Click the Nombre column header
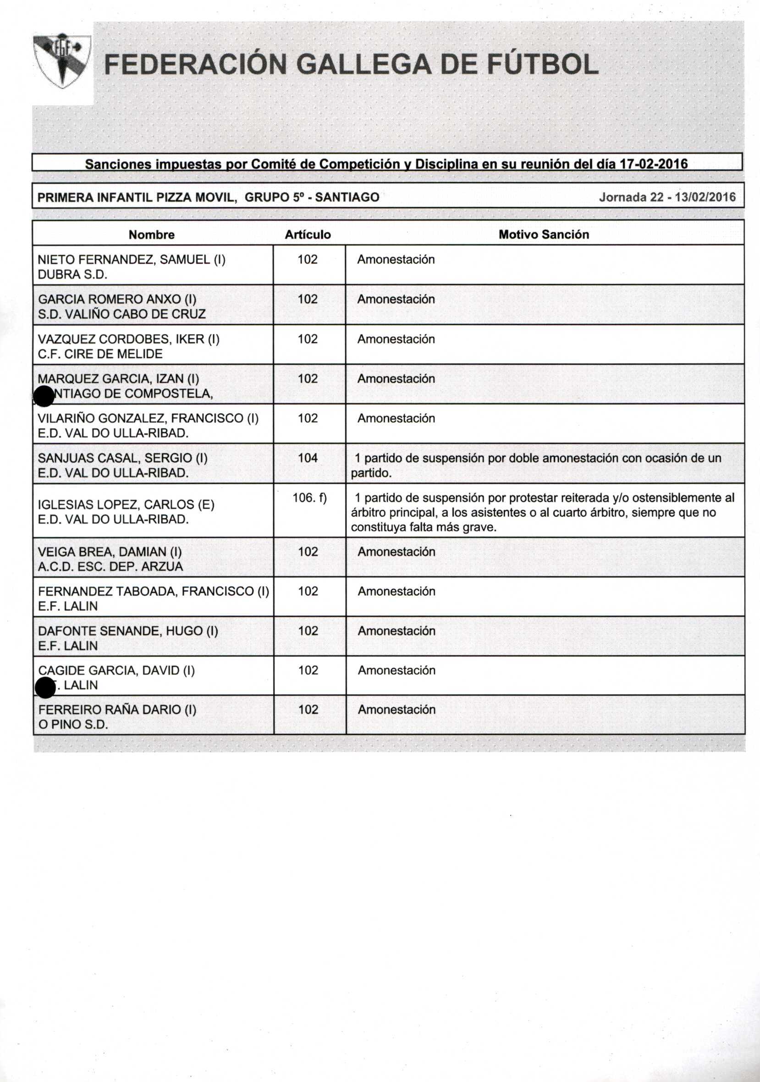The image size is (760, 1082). pos(152,235)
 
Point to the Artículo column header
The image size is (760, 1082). pos(308,235)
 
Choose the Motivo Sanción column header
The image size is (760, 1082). pos(543,235)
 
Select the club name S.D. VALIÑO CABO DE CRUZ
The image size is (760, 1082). pos(121,314)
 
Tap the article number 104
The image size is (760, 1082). pos(308,458)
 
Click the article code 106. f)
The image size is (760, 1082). pos(309,498)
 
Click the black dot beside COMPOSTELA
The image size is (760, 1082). pos(44,396)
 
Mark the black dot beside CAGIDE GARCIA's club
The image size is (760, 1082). pos(46,688)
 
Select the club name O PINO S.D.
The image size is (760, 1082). pos(73,725)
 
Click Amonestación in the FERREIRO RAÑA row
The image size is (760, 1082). pos(397,710)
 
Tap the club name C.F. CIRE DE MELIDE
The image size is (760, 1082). pos(100,354)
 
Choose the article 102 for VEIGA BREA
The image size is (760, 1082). pos(308,552)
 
